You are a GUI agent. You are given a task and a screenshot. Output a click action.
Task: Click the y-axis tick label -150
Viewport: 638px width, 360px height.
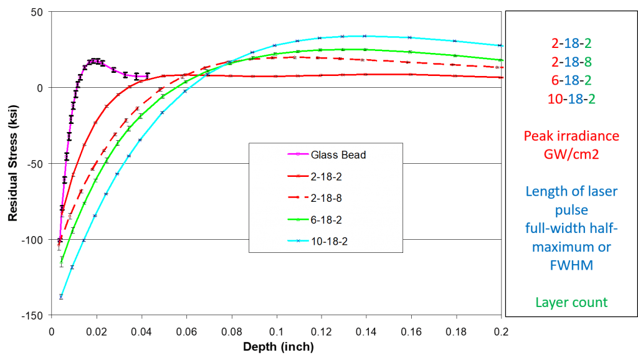32,315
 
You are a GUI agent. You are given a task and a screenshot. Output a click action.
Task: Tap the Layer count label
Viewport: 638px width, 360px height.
571,302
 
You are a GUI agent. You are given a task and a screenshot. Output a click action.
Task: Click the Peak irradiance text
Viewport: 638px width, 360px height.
571,136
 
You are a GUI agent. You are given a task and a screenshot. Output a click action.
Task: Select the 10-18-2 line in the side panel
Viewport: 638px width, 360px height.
571,98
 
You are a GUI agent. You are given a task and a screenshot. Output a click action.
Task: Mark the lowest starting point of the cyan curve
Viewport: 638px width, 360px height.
60,297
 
